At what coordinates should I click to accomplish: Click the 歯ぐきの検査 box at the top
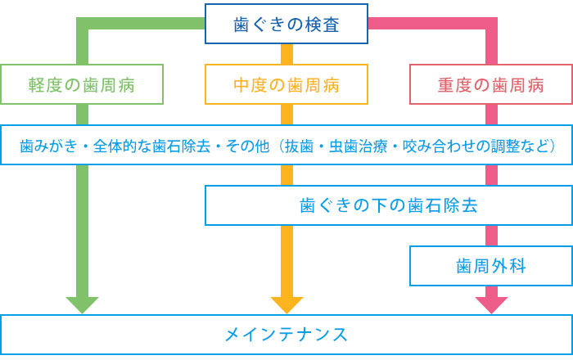(x=286, y=25)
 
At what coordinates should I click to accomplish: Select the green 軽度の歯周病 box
(x=82, y=84)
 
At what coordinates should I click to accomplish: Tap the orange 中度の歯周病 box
(x=286, y=84)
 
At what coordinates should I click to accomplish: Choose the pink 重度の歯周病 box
(x=490, y=84)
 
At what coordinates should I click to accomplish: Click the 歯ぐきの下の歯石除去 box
(x=388, y=205)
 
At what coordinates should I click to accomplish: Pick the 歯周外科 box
(x=490, y=266)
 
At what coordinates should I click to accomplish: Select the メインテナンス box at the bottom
(x=286, y=335)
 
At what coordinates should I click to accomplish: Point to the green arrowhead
(x=82, y=304)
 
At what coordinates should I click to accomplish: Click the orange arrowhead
(x=286, y=304)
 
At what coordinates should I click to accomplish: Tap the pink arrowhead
(x=491, y=304)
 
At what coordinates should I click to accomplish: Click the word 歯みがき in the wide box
(x=47, y=146)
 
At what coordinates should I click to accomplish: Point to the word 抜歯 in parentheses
(x=302, y=146)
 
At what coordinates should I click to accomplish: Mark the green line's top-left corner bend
(x=82, y=24)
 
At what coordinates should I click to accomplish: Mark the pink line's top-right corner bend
(x=491, y=24)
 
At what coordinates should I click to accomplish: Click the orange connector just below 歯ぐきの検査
(x=286, y=54)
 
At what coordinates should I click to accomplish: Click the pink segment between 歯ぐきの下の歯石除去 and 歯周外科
(x=491, y=236)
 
